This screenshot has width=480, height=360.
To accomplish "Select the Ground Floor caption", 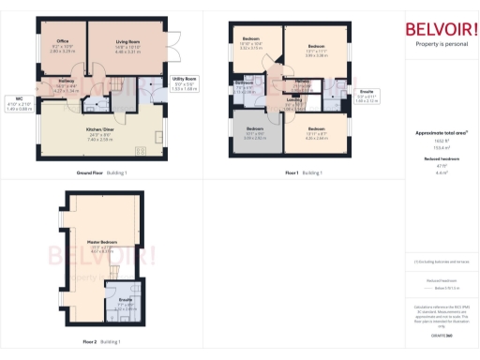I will pyautogui.click(x=91, y=173).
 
